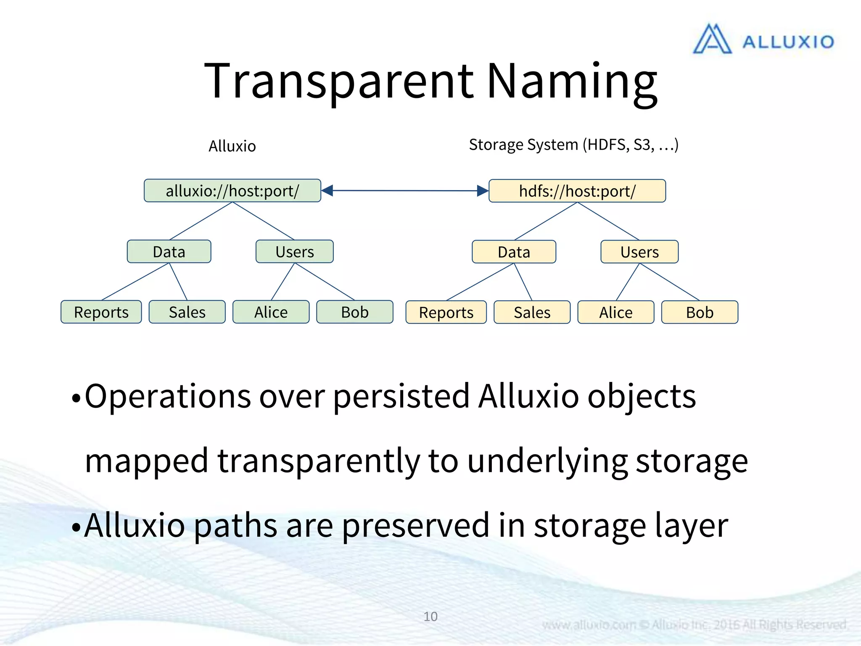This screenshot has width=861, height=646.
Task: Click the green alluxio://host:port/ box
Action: point(232,191)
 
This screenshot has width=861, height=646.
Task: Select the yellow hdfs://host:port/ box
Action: point(577,191)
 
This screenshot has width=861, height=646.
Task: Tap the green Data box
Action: point(169,252)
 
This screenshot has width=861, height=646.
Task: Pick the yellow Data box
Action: point(514,252)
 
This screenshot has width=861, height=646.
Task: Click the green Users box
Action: point(294,252)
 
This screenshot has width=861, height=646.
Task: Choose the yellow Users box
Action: point(639,252)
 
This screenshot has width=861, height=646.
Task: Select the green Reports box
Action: point(101,312)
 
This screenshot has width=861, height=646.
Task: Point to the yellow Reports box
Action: point(446,312)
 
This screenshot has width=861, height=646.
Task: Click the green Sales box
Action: point(187,312)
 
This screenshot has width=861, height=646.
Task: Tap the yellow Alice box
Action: point(615,312)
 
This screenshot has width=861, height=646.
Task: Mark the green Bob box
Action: point(354,312)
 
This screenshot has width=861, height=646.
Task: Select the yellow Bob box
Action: point(700,312)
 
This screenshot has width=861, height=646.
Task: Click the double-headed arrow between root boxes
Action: point(404,191)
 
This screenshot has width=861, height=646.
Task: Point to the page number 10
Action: point(430,616)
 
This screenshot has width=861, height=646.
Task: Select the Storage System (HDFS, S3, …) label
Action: point(573,145)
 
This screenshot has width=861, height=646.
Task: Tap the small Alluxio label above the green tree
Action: point(232,146)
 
